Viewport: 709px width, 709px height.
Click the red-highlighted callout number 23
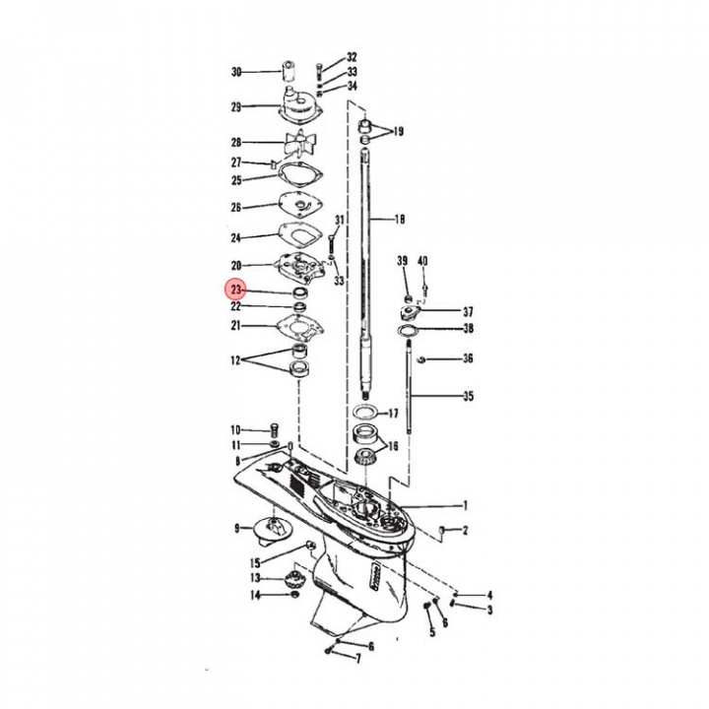click(236, 290)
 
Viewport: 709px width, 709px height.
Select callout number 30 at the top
click(236, 72)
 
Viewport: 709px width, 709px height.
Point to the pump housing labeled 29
click(299, 104)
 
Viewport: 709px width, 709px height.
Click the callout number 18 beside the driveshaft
click(400, 220)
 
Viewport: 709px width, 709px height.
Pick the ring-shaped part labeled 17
click(365, 413)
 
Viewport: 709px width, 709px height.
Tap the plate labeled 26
click(299, 205)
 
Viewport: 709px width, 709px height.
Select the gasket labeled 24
click(299, 234)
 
